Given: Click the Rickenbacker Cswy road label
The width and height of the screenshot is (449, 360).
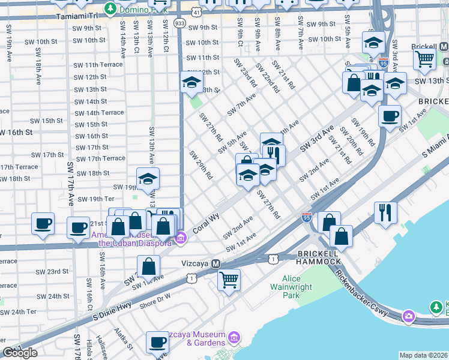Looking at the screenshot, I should [364, 295].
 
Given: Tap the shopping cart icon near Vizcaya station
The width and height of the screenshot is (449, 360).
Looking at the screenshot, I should [229, 279].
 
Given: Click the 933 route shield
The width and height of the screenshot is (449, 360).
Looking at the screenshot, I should [179, 22].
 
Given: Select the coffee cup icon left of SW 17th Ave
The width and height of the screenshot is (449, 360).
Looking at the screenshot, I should [43, 224].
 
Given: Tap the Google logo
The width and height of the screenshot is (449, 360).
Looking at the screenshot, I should [20, 353].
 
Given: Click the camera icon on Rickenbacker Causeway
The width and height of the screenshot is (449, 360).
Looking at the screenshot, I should [409, 316].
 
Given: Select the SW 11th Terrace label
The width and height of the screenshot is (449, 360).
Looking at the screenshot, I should [98, 65].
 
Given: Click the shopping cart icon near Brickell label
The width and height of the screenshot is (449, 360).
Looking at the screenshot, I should [424, 59].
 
